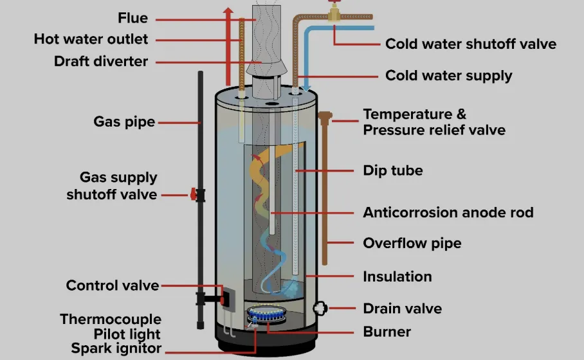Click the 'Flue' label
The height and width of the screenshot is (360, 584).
[132, 17]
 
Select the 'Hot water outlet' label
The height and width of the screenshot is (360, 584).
[91, 39]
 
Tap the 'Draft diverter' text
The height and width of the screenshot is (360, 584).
[102, 62]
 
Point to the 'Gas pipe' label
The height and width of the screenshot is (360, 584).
[124, 121]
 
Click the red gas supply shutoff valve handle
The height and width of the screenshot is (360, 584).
[192, 194]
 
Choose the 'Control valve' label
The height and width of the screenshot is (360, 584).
[113, 285]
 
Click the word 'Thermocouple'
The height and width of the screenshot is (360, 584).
[111, 319]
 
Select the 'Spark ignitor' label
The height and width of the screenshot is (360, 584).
[116, 350]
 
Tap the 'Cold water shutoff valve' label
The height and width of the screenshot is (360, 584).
[471, 44]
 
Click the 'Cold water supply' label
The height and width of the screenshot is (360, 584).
[449, 75]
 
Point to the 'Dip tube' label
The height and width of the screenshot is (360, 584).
[393, 171]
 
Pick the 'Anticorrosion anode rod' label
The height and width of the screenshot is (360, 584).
[448, 212]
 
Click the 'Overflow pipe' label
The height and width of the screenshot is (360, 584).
[412, 244]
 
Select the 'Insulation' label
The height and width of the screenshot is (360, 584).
[397, 276]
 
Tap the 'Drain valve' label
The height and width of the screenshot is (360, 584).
[403, 308]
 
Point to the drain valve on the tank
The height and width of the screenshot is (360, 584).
[320, 308]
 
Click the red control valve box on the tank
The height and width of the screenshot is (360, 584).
[225, 297]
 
